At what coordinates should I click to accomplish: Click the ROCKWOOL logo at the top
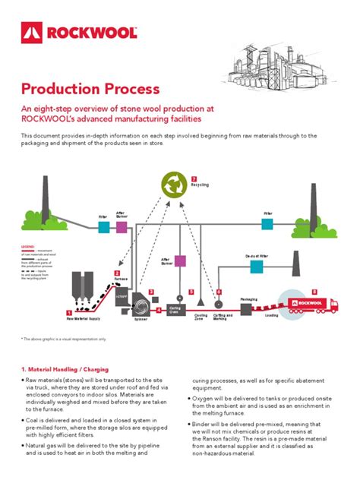pos(80,32)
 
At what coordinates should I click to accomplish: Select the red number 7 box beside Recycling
pos(194,178)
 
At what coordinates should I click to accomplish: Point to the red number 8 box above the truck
pos(314,292)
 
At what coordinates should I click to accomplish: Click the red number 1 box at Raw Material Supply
pos(69,312)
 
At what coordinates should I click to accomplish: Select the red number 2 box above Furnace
pos(117,273)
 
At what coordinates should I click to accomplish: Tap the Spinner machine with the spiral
pos(141,300)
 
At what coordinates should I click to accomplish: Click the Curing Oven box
pos(175,310)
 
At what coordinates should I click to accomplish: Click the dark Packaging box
pos(248,308)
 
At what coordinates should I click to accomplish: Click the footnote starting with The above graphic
pos(65,339)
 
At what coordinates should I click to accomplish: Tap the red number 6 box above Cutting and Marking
pos(219,292)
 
